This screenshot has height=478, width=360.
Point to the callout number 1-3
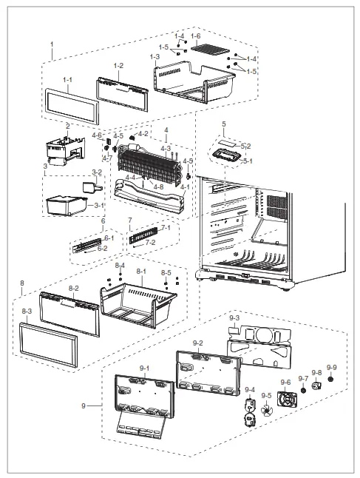pos(154,57)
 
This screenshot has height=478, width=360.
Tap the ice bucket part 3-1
pos(67,204)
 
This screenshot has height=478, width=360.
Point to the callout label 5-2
pos(246,147)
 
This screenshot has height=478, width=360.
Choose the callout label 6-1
pos(109,238)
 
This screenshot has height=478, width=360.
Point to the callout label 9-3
pos(235,317)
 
